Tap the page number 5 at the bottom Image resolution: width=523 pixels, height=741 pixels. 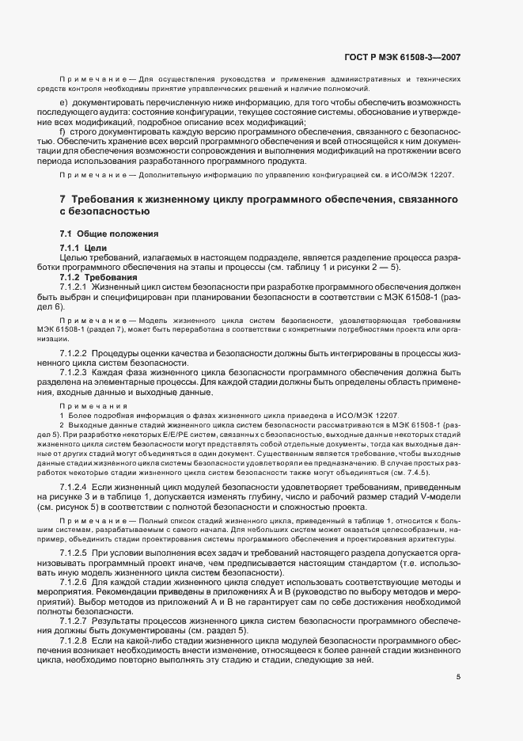pyautogui.click(x=458, y=678)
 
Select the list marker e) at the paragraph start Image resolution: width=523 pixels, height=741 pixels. pyautogui.click(x=63, y=104)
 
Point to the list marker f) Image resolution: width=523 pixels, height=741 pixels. pyautogui.click(x=63, y=131)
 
